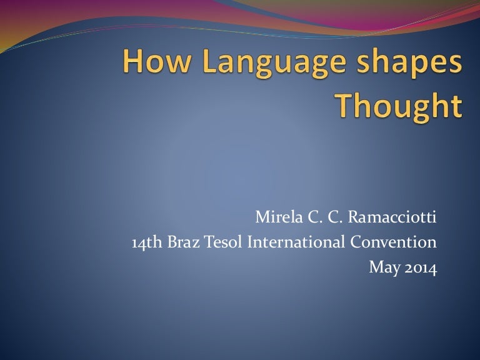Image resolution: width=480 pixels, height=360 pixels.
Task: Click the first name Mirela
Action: pyautogui.click(x=277, y=219)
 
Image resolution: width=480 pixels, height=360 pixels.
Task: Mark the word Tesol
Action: pyautogui.click(x=217, y=243)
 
